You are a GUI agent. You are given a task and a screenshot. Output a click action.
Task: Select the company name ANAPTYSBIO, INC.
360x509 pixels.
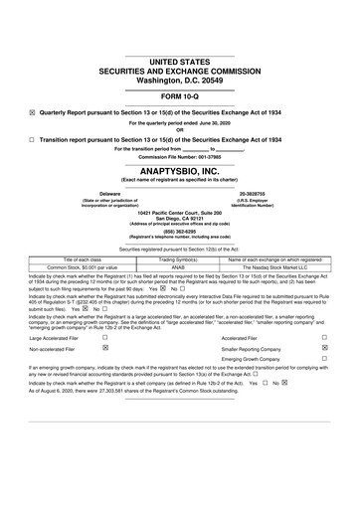[x=179, y=170]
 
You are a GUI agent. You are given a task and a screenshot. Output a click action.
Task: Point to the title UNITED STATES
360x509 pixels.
[x=179, y=63]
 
